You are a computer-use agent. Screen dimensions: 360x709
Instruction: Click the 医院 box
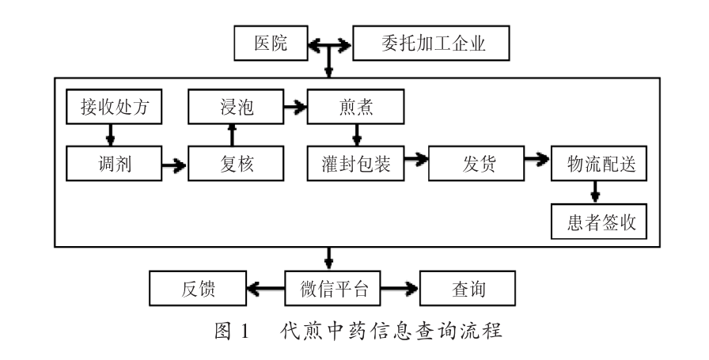pyautogui.click(x=269, y=44)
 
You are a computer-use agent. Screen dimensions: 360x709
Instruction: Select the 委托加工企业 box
pyautogui.click(x=430, y=44)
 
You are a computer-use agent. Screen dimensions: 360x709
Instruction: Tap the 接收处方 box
pyautogui.click(x=114, y=106)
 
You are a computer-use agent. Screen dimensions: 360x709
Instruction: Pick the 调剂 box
pyautogui.click(x=114, y=165)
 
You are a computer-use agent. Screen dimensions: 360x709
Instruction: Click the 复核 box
pyautogui.click(x=235, y=165)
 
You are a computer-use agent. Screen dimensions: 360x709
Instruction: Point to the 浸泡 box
pyautogui.click(x=235, y=106)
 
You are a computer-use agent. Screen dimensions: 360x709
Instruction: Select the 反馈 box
pyautogui.click(x=197, y=289)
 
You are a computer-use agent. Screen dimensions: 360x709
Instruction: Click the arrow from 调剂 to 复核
pyautogui.click(x=174, y=165)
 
